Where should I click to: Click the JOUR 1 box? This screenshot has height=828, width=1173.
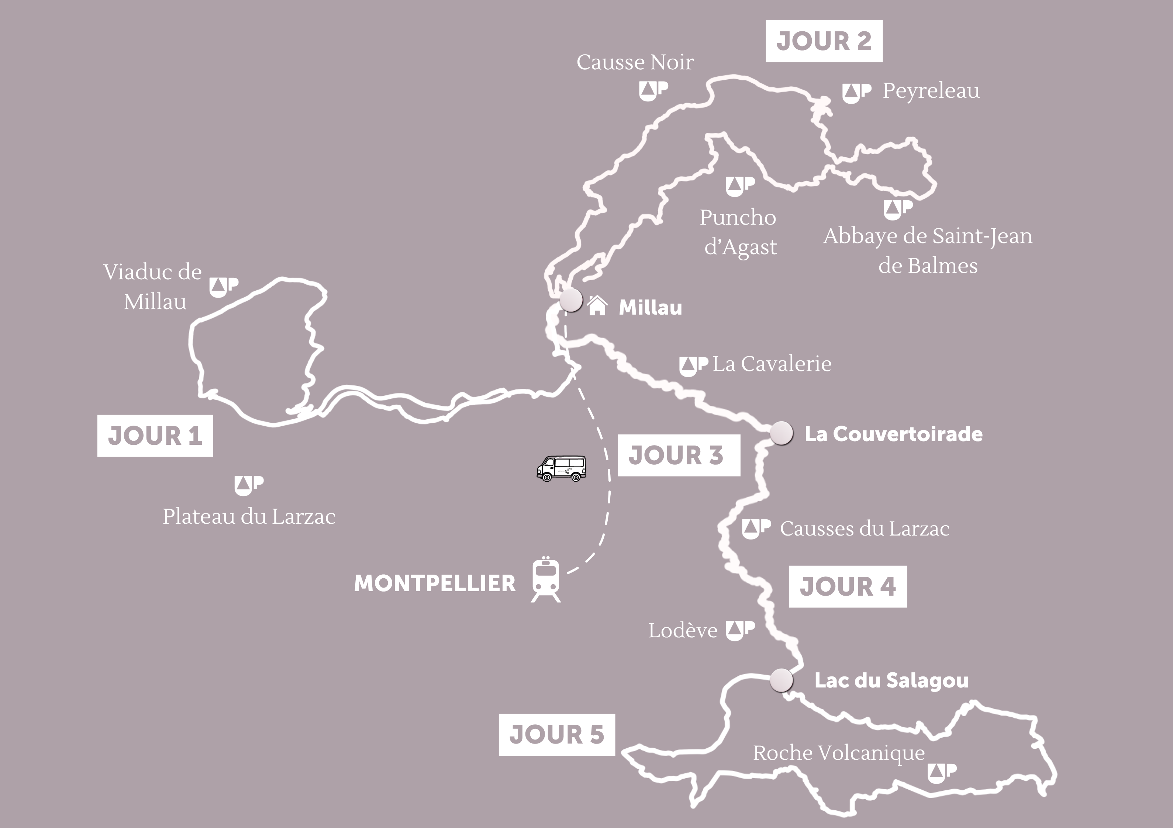(155, 436)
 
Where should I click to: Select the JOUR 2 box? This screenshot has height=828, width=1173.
(824, 41)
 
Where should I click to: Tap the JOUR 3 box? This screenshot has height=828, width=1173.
(679, 455)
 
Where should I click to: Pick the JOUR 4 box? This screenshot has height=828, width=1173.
(848, 586)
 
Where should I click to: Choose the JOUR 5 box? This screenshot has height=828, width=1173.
(556, 735)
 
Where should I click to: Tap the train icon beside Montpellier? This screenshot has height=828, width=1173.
(546, 580)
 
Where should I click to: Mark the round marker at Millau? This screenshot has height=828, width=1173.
(571, 300)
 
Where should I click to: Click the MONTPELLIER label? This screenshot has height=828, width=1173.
(435, 583)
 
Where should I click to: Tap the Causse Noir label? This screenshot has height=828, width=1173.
(635, 62)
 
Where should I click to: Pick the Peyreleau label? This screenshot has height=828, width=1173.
(931, 91)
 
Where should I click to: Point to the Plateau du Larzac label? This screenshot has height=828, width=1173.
(249, 516)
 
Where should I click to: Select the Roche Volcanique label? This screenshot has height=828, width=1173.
(839, 752)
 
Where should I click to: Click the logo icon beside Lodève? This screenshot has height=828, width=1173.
(740, 630)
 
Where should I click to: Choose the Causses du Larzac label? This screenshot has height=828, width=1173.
(865, 529)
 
